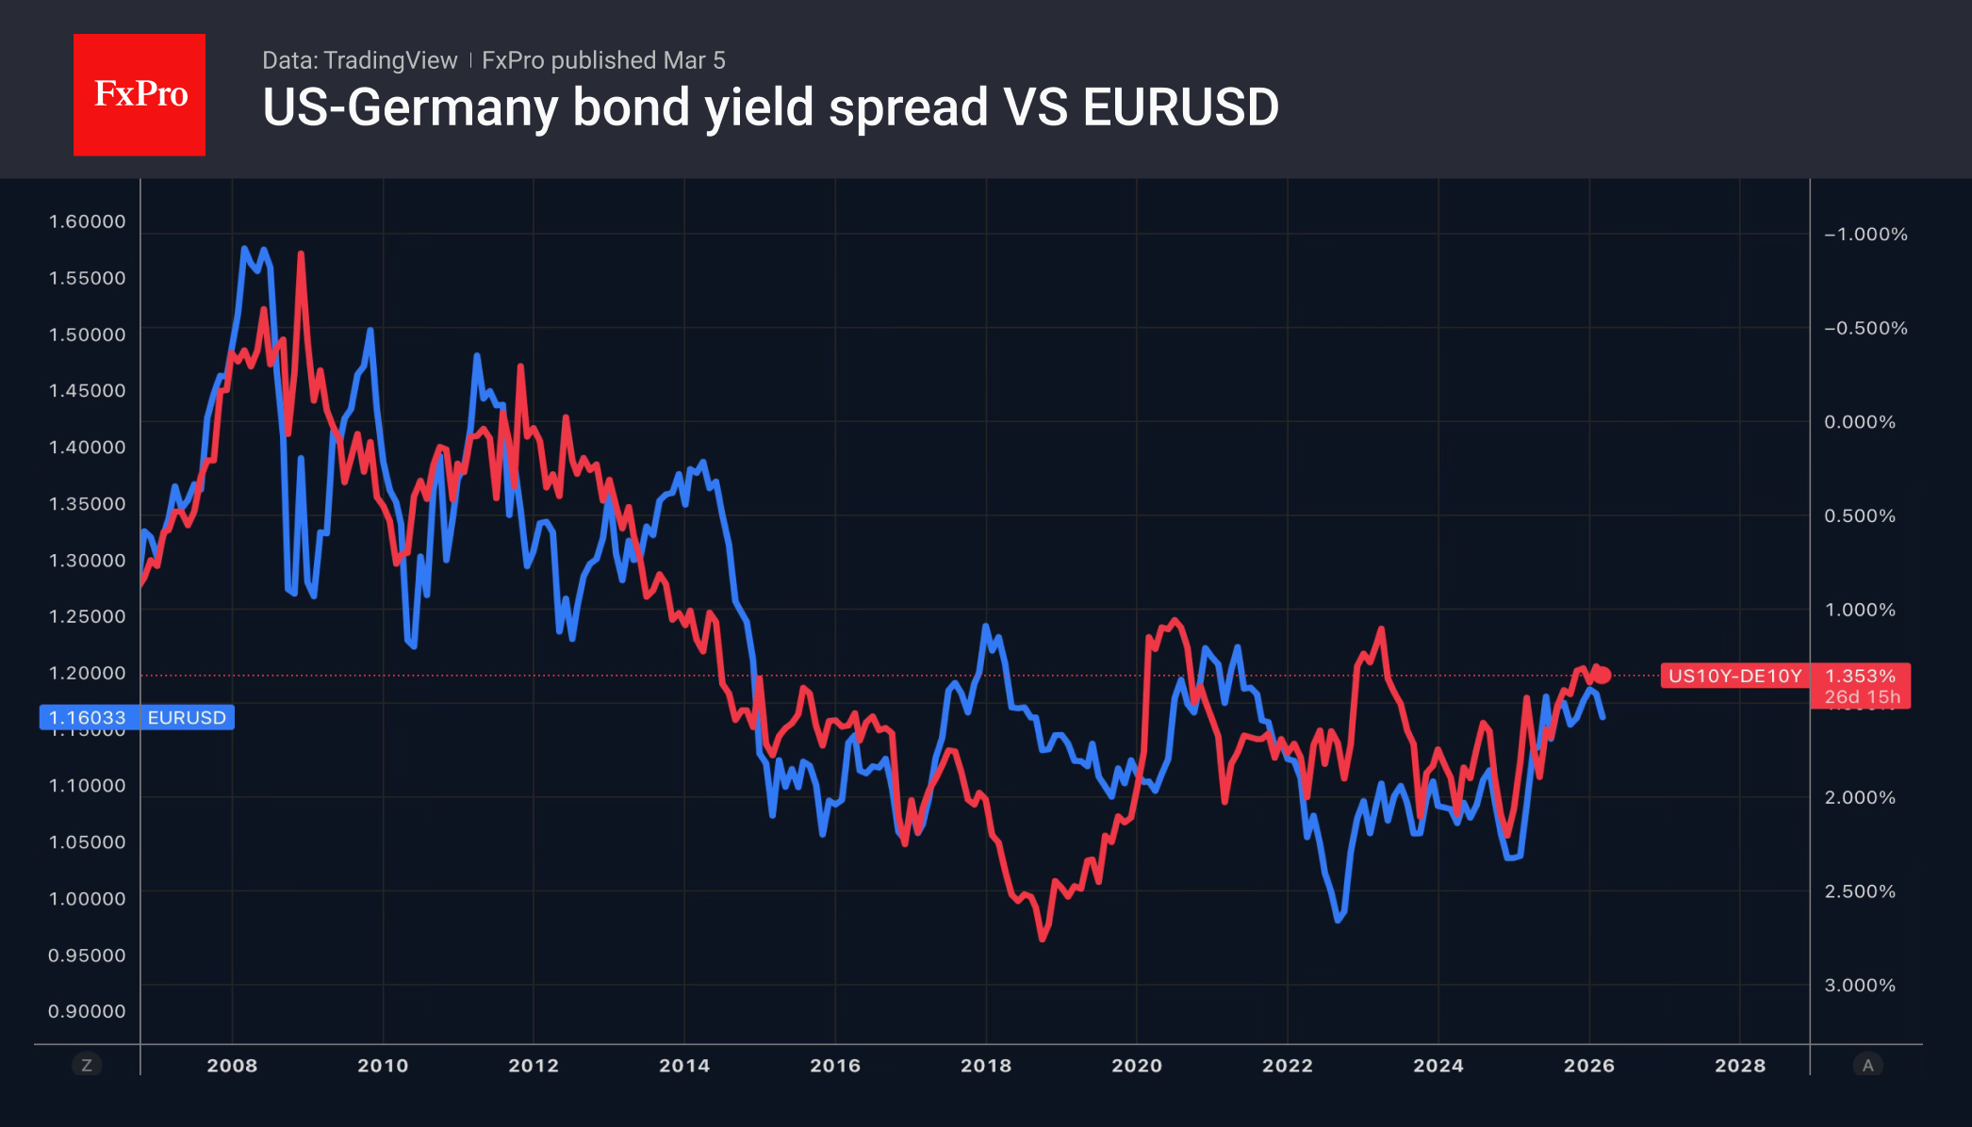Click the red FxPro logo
pos(140,94)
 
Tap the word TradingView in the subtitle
pos(389,60)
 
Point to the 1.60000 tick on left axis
pos(87,221)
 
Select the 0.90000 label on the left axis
pos(87,1011)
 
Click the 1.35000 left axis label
pos(87,503)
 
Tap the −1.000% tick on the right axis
pos(1865,234)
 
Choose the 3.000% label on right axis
pos(1859,985)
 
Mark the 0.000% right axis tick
pos(1859,421)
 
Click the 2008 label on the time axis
pos(232,1066)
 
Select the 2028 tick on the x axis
pos(1739,1066)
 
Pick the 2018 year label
pos(985,1066)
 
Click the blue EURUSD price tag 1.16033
pos(87,717)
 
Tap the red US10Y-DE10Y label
pos(1734,676)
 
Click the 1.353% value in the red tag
pos(1859,676)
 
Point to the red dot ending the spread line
pos(1602,675)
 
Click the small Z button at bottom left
pos(87,1066)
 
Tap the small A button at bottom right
pos(1867,1066)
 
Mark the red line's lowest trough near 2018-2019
pos(1043,939)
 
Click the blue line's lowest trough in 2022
pos(1339,919)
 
